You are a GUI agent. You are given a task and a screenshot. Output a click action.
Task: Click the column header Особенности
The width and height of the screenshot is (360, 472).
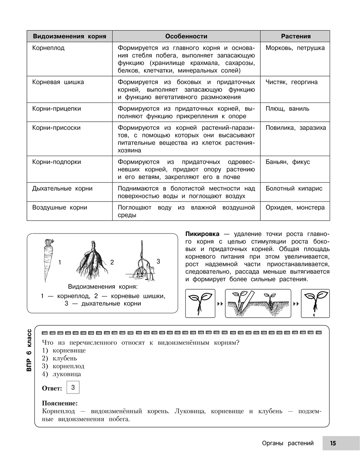tap(186, 36)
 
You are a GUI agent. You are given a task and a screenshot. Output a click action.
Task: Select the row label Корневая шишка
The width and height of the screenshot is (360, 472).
tap(58, 82)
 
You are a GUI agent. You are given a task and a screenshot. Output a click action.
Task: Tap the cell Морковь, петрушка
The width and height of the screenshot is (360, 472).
tap(295, 48)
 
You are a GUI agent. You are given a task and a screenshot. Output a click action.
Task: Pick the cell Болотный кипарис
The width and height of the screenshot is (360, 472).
tap(294, 189)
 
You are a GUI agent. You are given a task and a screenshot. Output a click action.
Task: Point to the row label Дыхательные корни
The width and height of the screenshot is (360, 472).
tap(62, 189)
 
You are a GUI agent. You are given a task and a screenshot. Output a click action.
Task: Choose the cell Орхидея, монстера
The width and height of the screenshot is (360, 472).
tap(295, 208)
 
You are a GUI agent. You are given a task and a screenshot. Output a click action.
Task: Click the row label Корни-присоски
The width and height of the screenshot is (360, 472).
tap(56, 128)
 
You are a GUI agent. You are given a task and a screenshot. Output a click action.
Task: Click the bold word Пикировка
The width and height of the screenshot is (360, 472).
tap(202, 234)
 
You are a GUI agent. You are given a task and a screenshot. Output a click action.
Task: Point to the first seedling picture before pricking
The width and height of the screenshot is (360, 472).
tap(200, 303)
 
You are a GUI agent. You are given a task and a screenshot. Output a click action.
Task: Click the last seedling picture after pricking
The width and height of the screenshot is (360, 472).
tap(315, 303)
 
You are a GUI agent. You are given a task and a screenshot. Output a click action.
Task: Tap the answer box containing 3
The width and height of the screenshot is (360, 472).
tap(73, 387)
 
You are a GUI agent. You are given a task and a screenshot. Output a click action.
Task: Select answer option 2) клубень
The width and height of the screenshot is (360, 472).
tap(59, 358)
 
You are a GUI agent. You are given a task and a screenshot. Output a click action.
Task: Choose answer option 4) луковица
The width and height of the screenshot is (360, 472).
tap(61, 374)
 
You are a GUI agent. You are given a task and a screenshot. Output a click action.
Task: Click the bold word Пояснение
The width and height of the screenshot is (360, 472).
tap(60, 404)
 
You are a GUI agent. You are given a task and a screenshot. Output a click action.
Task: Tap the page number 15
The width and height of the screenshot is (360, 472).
tap(333, 443)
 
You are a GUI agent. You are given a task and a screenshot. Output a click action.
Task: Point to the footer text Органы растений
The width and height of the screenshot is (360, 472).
tap(288, 443)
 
